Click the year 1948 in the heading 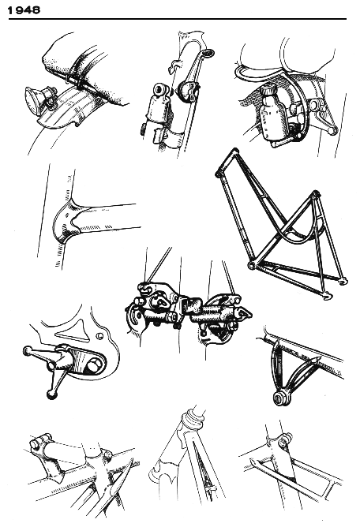point(24,10)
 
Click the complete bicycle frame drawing point(281,224)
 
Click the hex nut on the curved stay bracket point(278,400)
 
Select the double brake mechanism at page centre point(189,311)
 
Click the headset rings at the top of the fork point(193,415)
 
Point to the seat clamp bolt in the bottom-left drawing point(41,442)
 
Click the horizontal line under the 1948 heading point(178,19)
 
